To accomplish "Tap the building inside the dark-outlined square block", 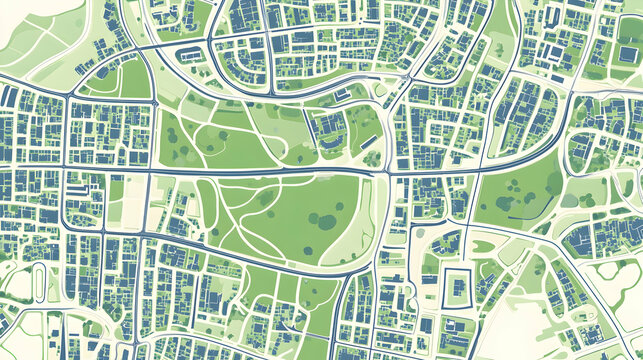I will [456, 287].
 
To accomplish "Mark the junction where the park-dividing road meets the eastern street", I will [388, 173].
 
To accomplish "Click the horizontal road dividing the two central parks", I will [270, 171].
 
